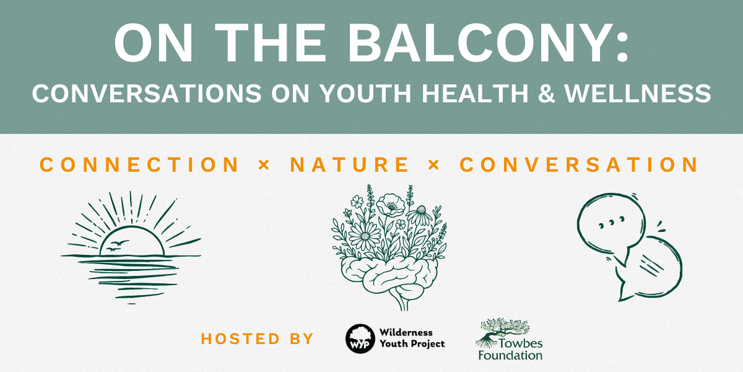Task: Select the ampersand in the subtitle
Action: [x=546, y=94]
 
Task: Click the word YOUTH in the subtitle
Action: [x=365, y=94]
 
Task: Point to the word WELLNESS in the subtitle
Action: [x=638, y=94]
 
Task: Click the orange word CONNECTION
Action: [x=139, y=165]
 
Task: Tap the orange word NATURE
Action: [x=350, y=165]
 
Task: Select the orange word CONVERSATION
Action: [x=579, y=165]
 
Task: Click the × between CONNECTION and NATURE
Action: [x=264, y=165]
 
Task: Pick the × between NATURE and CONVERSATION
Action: [x=434, y=165]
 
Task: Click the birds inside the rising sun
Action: [x=117, y=246]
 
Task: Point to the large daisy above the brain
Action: [x=365, y=236]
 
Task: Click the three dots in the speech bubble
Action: [x=612, y=222]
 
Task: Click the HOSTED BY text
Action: [x=257, y=339]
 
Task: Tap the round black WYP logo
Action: [x=360, y=339]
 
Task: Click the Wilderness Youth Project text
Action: [x=412, y=338]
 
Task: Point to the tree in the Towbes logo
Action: [x=501, y=332]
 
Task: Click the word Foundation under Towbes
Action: [x=510, y=355]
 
